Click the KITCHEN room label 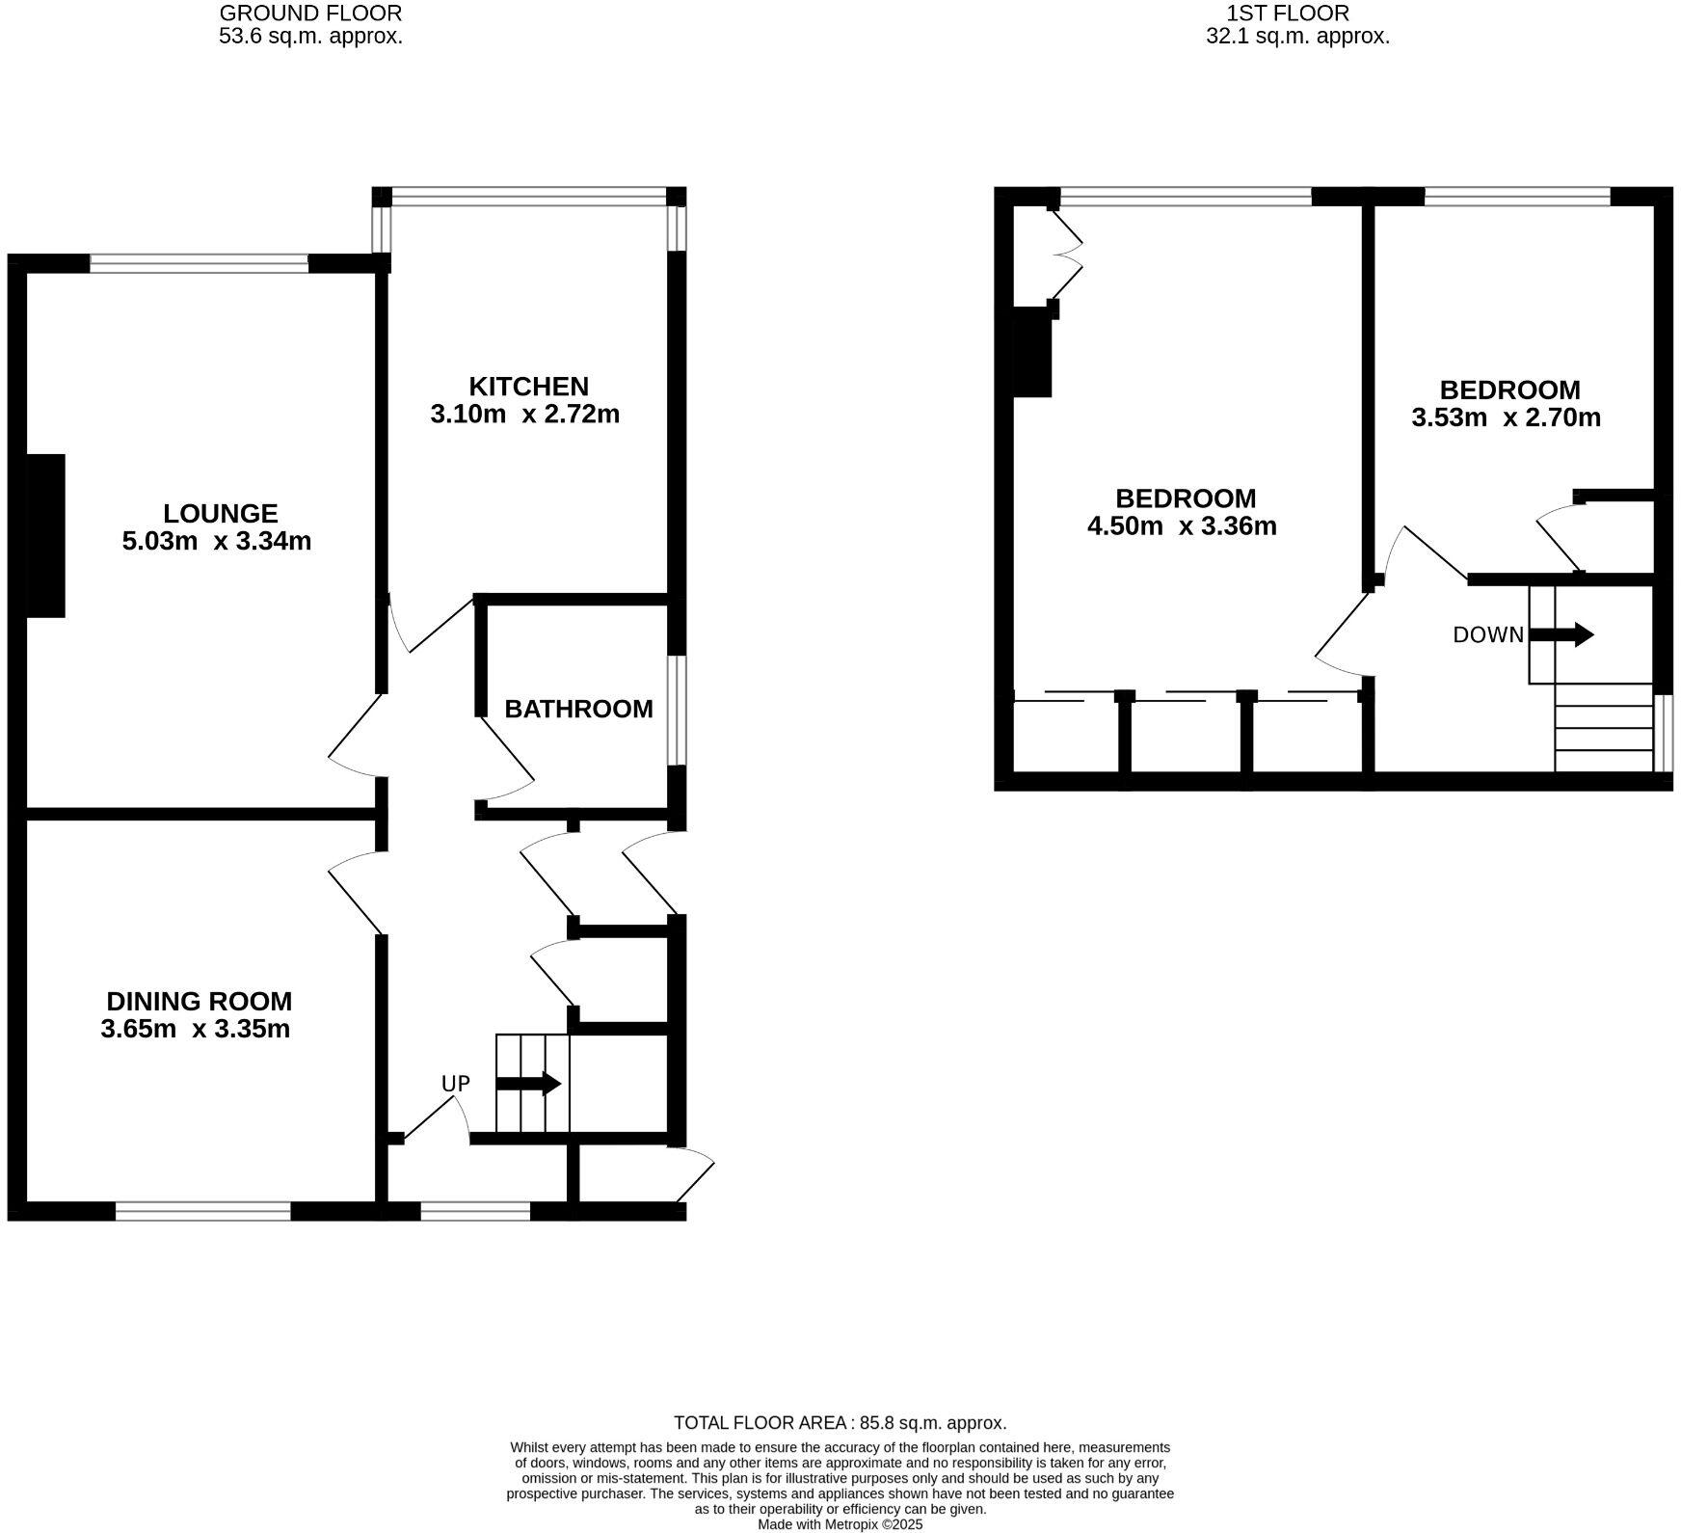528,387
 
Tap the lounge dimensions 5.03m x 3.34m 217,541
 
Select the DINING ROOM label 199,1001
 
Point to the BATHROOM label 578,709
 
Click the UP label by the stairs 455,1084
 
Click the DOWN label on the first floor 1488,634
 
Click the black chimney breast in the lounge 44,535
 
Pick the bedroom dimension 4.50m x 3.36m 1182,526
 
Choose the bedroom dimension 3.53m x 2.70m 1506,417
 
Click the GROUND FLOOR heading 310,13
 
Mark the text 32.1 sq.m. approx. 1297,38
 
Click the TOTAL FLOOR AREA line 840,1422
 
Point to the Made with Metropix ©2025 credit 840,1524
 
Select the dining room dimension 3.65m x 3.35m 195,1029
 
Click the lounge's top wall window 200,262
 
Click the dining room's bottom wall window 203,1211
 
